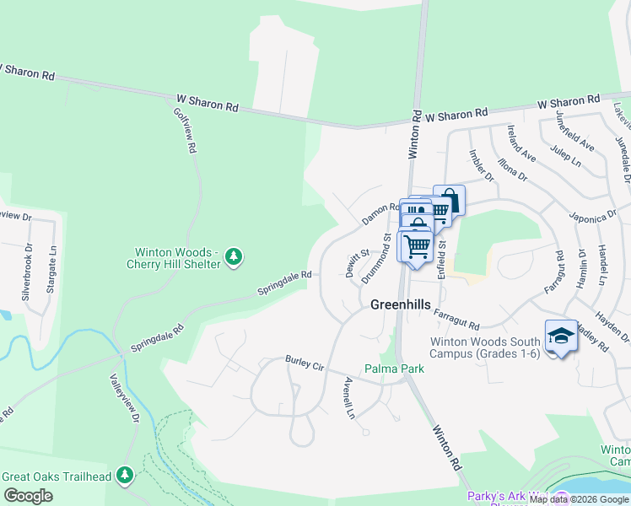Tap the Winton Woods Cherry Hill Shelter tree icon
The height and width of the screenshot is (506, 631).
pyautogui.click(x=235, y=256)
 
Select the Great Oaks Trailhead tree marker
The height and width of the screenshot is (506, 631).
pyautogui.click(x=125, y=476)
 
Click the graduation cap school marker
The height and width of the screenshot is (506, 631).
pyautogui.click(x=561, y=336)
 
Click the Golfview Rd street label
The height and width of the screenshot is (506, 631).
pyautogui.click(x=186, y=130)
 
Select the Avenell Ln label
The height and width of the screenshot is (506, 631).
pyautogui.click(x=348, y=397)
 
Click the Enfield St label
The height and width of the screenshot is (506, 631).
pyautogui.click(x=440, y=259)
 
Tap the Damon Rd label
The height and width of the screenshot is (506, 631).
pyautogui.click(x=380, y=213)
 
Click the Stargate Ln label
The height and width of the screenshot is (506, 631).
pyautogui.click(x=52, y=263)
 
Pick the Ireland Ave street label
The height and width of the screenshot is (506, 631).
pyautogui.click(x=521, y=143)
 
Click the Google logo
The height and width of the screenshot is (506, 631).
pyautogui.click(x=28, y=496)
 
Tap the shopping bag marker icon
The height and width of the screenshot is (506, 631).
pyautogui.click(x=449, y=200)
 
